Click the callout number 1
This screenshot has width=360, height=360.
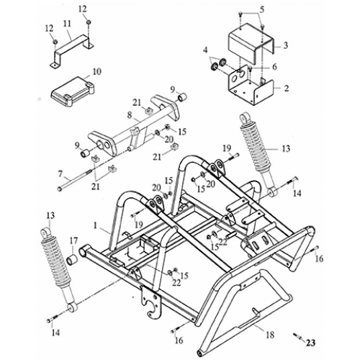[95, 225]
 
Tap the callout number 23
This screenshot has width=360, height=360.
[311, 343]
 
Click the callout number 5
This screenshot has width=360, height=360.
[262, 9]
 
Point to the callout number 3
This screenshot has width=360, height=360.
[287, 45]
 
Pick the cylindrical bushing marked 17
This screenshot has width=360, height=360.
[73, 257]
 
